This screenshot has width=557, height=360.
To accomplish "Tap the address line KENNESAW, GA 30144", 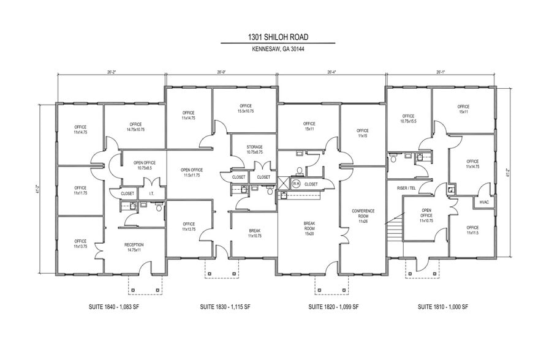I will [x=278, y=50].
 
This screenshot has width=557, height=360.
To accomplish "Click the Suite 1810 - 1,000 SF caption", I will [x=442, y=306].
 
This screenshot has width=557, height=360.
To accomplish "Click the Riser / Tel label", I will [x=407, y=188].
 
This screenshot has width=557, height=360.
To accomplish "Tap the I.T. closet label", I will [x=151, y=193].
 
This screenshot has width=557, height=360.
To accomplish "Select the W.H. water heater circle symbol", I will [x=295, y=183].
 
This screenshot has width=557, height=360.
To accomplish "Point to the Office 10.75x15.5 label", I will [x=408, y=118].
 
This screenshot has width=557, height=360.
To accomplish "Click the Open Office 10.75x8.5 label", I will [x=145, y=165].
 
